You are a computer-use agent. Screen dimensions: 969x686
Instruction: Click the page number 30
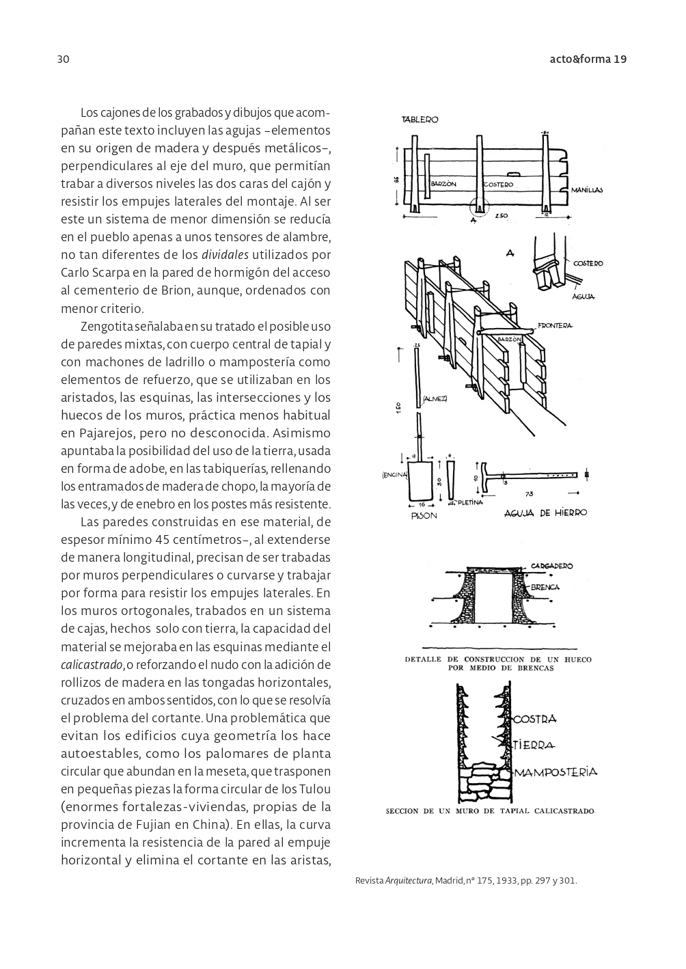click(x=63, y=59)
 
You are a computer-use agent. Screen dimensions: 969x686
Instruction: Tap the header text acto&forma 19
click(x=588, y=59)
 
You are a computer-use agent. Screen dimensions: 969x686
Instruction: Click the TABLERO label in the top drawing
click(x=420, y=120)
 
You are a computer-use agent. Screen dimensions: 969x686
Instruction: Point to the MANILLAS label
click(x=587, y=190)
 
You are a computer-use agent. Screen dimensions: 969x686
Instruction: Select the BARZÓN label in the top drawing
click(x=443, y=184)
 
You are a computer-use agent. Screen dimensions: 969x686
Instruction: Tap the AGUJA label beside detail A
click(x=584, y=297)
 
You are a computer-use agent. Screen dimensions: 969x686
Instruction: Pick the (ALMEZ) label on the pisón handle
click(x=435, y=398)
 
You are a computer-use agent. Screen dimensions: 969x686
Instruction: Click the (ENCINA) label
click(x=395, y=475)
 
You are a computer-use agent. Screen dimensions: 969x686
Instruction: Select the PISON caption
click(x=424, y=516)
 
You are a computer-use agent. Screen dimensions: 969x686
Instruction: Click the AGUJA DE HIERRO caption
click(x=545, y=513)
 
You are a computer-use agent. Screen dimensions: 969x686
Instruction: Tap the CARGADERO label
click(x=551, y=566)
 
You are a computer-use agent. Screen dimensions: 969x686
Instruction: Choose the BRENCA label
click(x=545, y=587)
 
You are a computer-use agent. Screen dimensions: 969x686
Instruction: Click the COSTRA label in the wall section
click(x=534, y=719)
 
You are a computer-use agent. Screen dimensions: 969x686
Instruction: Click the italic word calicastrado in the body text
click(x=92, y=665)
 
